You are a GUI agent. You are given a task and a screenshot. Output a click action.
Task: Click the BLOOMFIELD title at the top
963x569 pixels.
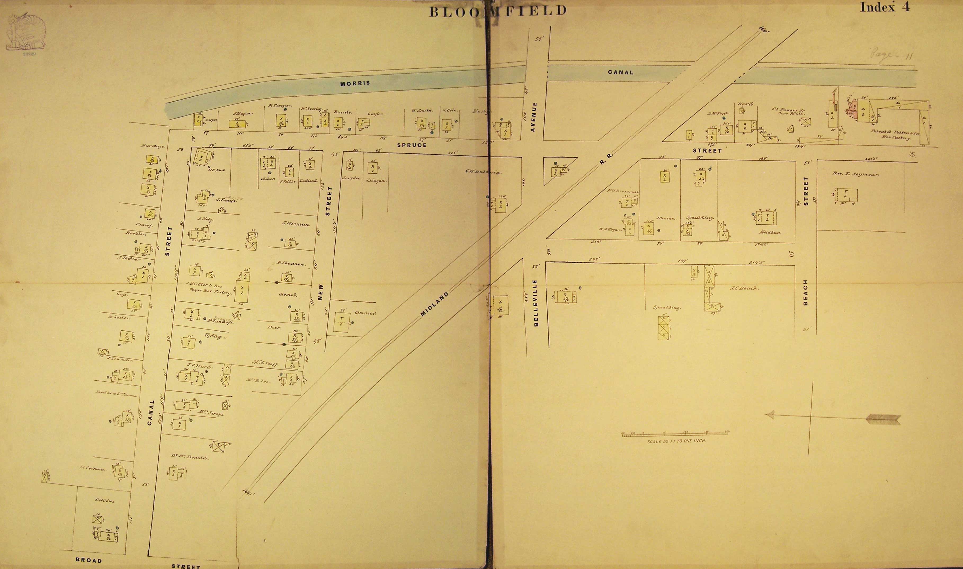pyautogui.click(x=498, y=11)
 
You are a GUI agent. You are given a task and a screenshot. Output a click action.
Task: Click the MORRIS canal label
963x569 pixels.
pyautogui.click(x=355, y=83)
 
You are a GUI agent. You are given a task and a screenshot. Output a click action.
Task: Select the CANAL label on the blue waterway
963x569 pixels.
pyautogui.click(x=621, y=72)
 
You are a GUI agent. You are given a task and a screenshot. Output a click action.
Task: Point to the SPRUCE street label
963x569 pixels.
pyautogui.click(x=412, y=145)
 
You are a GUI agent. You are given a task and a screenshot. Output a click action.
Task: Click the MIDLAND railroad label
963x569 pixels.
pyautogui.click(x=434, y=304)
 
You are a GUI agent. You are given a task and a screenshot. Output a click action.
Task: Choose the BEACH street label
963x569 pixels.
pyautogui.click(x=805, y=292)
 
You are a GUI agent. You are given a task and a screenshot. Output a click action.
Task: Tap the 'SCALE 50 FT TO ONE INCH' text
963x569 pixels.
pyautogui.click(x=676, y=441)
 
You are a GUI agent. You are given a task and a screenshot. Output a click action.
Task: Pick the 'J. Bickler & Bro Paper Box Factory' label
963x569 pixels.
pyautogui.click(x=209, y=288)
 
